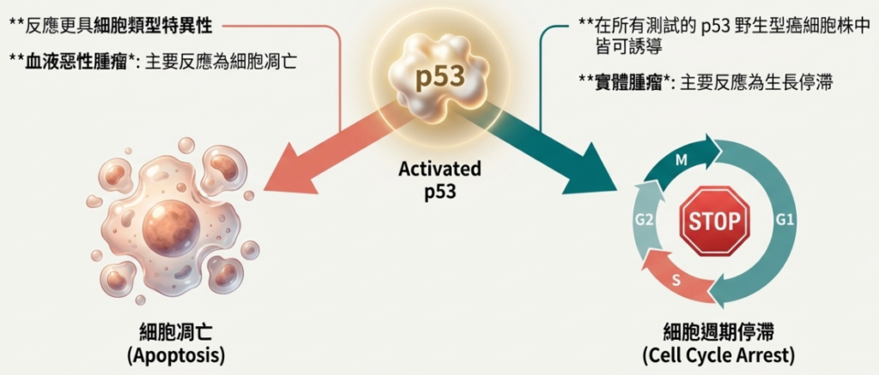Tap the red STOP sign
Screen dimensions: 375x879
pos(714,221)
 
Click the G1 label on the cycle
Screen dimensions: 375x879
pos(785,220)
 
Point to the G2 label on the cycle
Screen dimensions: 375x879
pos(645,221)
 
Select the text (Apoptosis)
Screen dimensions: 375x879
pos(178,354)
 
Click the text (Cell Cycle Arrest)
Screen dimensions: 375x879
pos(718,354)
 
